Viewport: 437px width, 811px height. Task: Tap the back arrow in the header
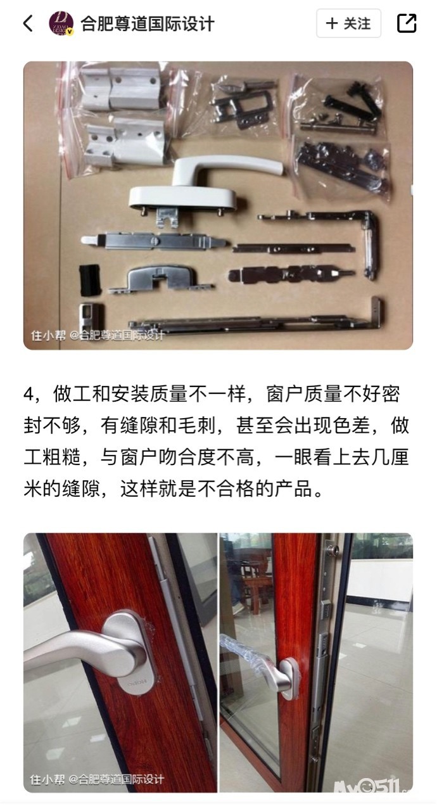(x=28, y=23)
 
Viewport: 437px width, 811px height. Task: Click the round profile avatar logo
(x=61, y=23)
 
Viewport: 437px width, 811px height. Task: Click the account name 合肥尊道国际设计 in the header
(x=147, y=24)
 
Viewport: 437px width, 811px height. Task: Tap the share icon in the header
(x=407, y=23)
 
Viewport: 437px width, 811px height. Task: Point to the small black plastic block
(x=89, y=279)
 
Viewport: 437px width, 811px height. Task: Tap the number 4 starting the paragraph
(x=29, y=394)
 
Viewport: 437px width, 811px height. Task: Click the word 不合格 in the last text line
(x=225, y=489)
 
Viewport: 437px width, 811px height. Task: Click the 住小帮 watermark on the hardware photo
(x=47, y=336)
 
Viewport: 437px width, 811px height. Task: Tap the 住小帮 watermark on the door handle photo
(x=47, y=779)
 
